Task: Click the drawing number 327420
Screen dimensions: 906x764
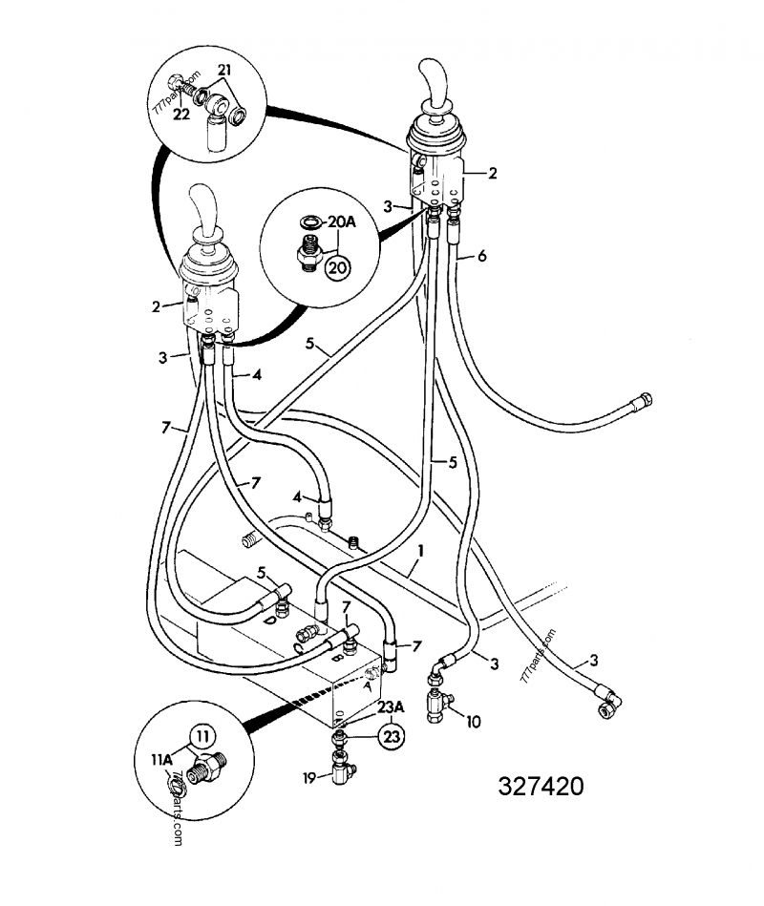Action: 540,786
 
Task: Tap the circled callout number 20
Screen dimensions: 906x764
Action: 336,267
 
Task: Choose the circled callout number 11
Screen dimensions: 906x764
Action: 202,736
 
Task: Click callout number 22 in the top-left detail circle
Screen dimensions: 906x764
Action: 180,114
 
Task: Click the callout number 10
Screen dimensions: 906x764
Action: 472,723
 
